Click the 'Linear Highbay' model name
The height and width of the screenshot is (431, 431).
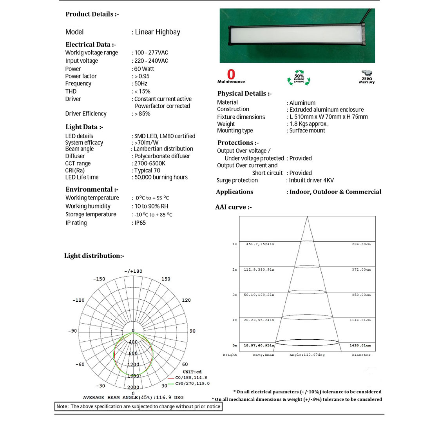pos(158,32)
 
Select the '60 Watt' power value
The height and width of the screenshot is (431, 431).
pos(144,69)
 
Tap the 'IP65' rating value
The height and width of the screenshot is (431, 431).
pos(140,223)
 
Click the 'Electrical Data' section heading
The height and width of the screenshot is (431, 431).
pos(91,45)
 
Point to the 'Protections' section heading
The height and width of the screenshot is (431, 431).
pos(238,143)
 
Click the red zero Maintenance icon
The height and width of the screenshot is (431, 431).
pos(231,76)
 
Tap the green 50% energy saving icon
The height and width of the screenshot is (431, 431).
pos(299,77)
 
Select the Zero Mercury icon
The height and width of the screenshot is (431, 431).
pos(367,76)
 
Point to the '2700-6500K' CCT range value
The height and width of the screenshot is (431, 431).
pos(150,163)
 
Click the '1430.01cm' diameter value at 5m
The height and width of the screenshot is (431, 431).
pos(360,346)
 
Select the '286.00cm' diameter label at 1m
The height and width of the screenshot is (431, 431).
pos(361,244)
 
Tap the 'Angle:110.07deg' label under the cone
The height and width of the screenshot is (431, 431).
pos(307,355)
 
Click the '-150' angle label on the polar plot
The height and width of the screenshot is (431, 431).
pos(99,279)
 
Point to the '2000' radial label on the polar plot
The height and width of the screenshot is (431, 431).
pos(133,387)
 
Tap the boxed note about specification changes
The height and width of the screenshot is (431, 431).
pos(138,407)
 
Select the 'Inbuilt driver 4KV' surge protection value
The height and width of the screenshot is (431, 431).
pos(311,180)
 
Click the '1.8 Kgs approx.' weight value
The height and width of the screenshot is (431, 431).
pos(309,124)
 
